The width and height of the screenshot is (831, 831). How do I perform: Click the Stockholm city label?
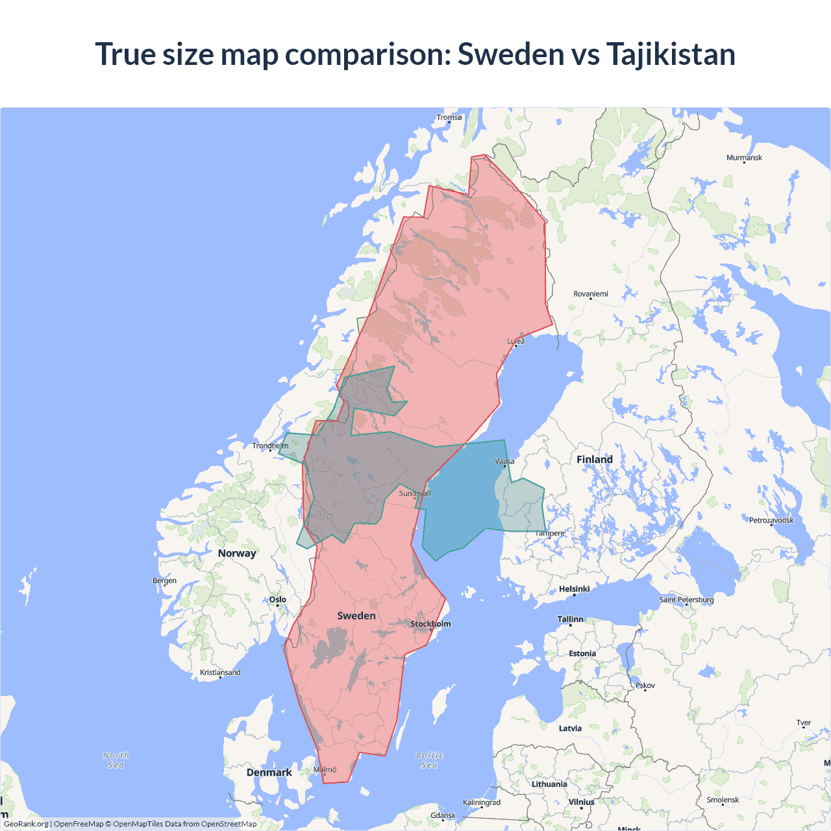(x=430, y=624)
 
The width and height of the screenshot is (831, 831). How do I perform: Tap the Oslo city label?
(x=278, y=599)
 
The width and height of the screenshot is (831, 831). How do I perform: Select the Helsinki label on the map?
(x=575, y=589)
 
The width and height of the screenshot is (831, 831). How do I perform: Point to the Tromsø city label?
(x=449, y=118)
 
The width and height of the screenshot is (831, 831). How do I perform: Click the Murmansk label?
(x=744, y=158)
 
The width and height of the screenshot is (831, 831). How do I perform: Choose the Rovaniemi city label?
(x=591, y=294)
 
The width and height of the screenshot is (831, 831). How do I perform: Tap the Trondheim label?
(x=270, y=445)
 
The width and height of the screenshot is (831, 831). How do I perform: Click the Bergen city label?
(x=164, y=580)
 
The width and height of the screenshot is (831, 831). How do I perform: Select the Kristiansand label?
(x=220, y=672)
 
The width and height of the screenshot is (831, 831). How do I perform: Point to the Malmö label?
(x=325, y=769)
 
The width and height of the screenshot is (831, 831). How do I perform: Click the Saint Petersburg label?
(x=686, y=599)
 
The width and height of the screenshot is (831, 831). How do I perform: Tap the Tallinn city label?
(x=570, y=619)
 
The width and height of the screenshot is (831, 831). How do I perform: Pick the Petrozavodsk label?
(x=771, y=520)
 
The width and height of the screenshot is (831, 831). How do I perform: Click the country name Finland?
(x=595, y=460)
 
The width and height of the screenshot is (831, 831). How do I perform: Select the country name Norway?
(x=237, y=553)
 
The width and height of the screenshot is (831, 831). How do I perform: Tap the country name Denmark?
(x=269, y=773)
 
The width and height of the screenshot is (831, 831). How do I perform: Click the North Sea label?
(x=116, y=760)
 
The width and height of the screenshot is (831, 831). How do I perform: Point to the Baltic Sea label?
(x=430, y=760)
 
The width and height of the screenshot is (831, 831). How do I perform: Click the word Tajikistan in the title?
(x=671, y=54)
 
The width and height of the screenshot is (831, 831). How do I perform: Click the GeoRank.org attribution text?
(x=26, y=824)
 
